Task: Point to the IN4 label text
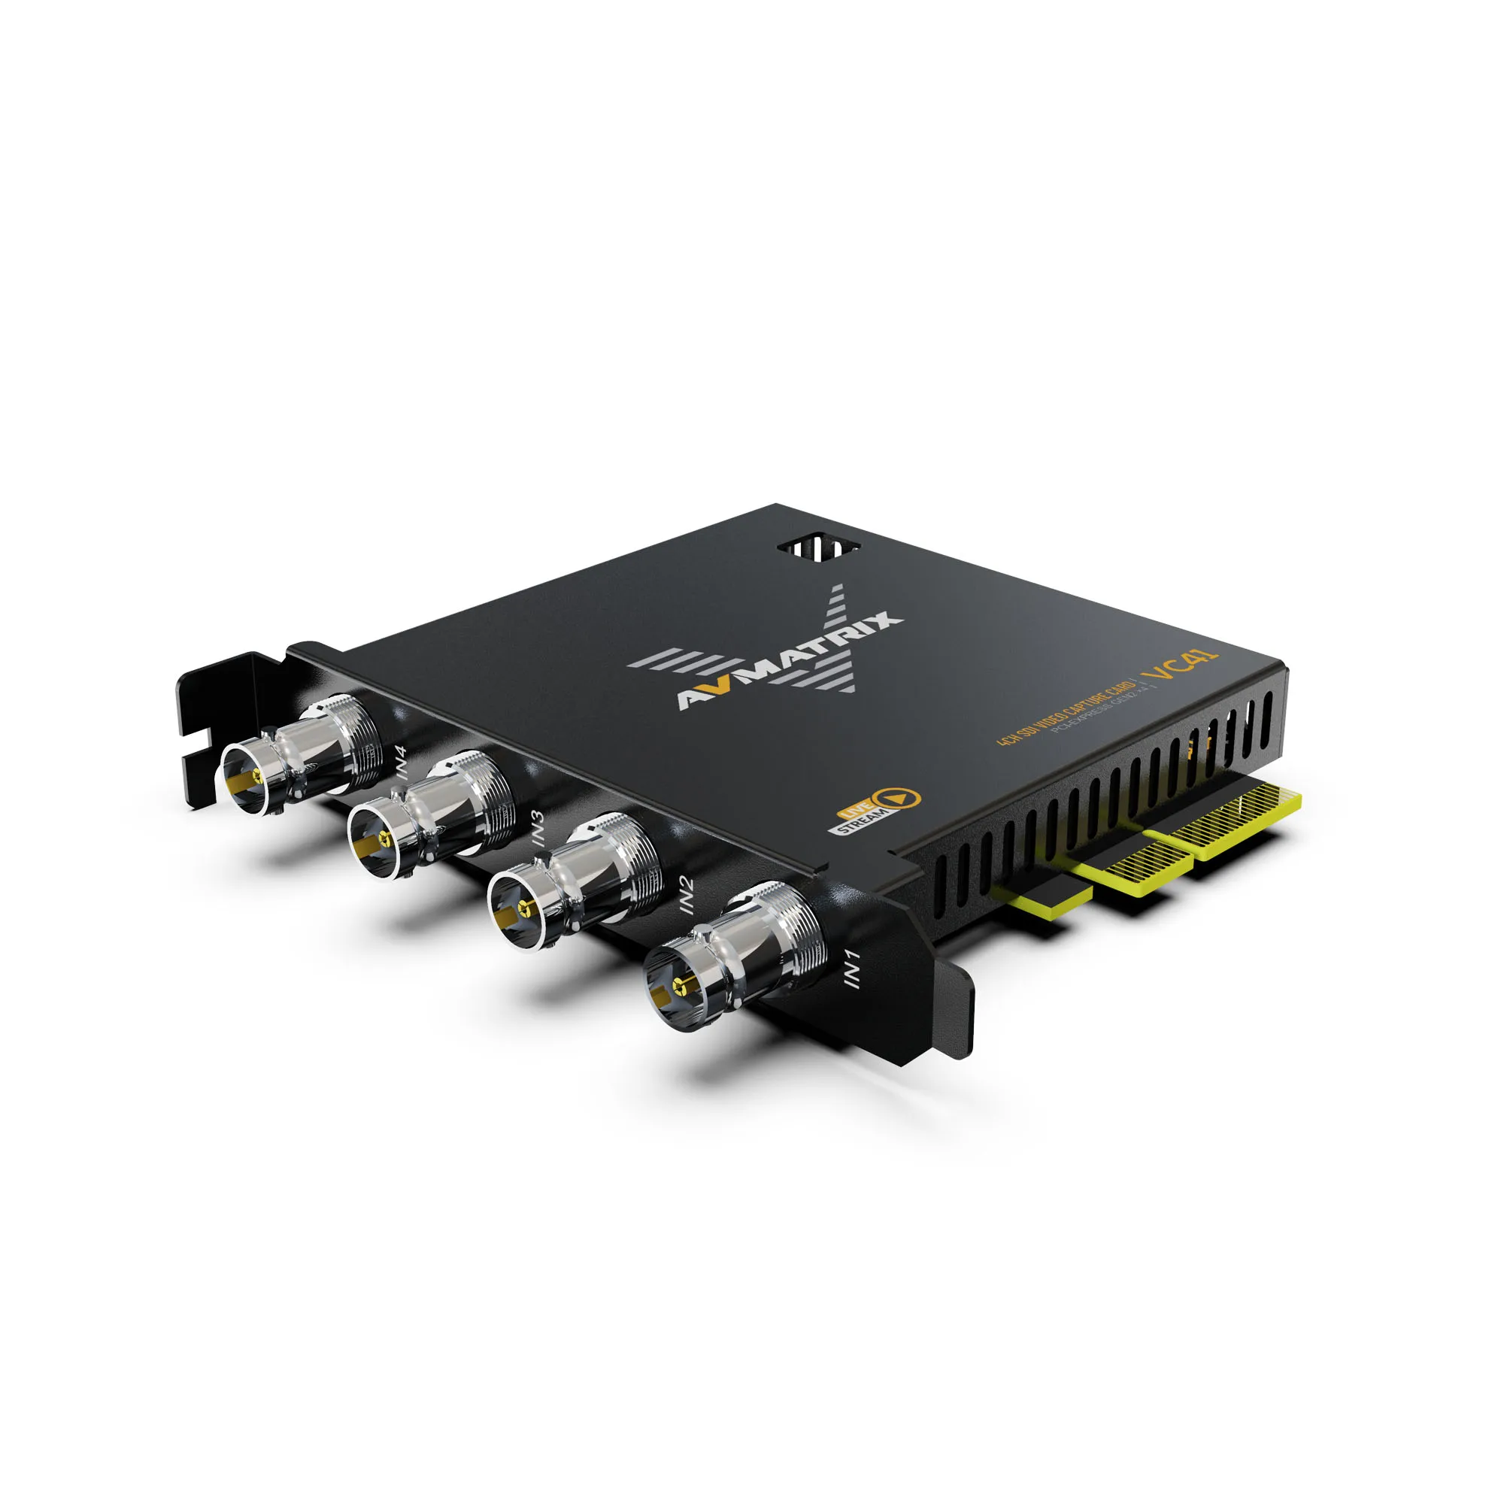401,763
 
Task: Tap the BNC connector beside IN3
433,814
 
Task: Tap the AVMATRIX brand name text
790,662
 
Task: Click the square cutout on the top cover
819,547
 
